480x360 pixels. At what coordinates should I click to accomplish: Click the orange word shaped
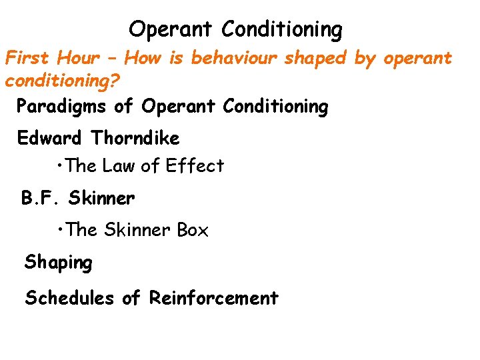316,59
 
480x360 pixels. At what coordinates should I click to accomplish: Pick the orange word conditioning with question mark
63,81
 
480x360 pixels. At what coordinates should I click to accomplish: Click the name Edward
49,138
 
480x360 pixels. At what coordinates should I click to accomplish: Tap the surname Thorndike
135,138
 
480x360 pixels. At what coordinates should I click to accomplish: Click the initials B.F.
41,198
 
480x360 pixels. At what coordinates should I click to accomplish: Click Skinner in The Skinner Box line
137,230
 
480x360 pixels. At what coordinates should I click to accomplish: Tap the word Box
193,230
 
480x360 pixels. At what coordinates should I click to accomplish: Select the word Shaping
59,263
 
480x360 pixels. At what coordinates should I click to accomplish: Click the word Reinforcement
214,297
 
